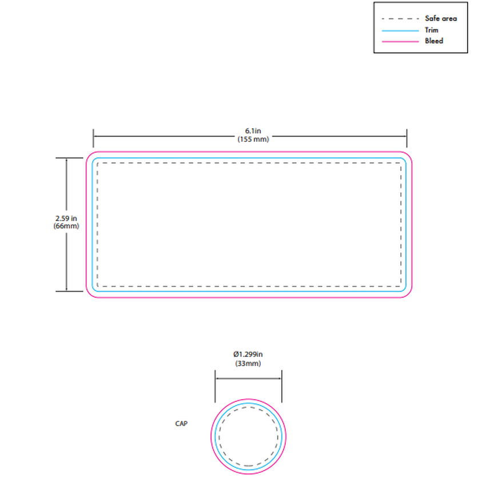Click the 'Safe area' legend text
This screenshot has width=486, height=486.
coord(441,19)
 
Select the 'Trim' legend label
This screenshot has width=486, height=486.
coord(432,30)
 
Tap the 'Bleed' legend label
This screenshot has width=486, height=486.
coord(434,41)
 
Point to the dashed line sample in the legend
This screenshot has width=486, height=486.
coord(400,19)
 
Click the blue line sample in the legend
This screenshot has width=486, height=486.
coord(400,31)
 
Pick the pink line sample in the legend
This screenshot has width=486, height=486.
coord(400,42)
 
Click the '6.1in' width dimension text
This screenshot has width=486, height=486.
coord(253,131)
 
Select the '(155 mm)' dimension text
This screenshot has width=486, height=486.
coord(253,139)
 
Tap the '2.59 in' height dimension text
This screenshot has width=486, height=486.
coord(66,218)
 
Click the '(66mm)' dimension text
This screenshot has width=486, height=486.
coord(66,226)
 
